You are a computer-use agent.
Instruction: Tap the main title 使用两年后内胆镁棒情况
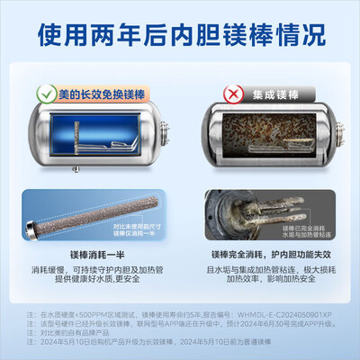[x=180, y=37]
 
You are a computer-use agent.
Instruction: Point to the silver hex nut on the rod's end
[x=33, y=235]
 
